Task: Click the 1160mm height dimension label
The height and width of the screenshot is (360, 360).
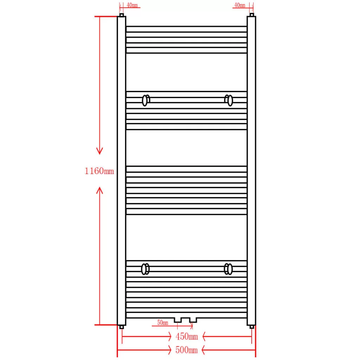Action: [x=99, y=171]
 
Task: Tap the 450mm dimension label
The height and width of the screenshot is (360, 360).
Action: [x=187, y=336]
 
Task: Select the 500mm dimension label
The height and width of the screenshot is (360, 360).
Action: [x=186, y=350]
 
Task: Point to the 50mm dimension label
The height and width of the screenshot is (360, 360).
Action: [x=162, y=323]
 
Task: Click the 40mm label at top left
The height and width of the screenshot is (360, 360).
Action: [x=132, y=5]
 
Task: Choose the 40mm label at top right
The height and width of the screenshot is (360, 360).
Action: [x=240, y=5]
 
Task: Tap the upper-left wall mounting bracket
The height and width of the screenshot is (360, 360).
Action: [x=146, y=101]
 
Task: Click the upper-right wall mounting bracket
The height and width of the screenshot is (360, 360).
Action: [x=229, y=100]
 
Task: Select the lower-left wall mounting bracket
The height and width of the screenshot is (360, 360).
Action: [x=145, y=269]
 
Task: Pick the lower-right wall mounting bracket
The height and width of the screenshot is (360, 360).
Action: [x=228, y=269]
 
